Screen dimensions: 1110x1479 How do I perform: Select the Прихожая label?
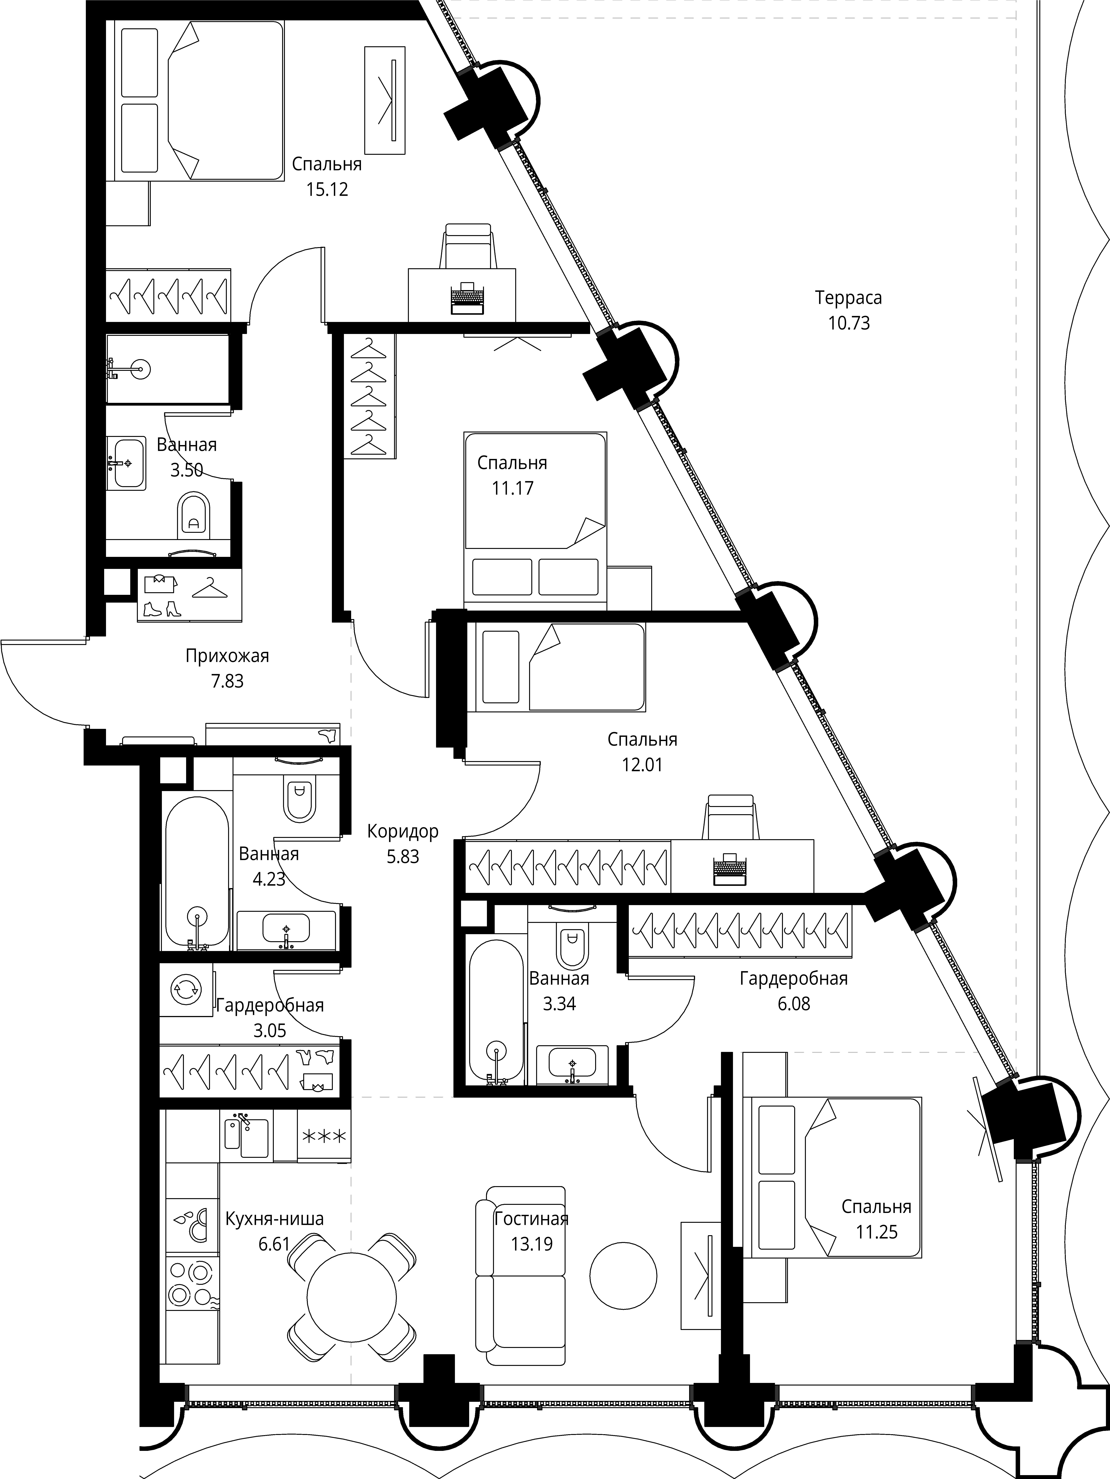click(x=227, y=656)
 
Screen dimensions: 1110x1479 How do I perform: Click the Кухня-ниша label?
click(x=275, y=1219)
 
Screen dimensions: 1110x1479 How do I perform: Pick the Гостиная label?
click(x=531, y=1218)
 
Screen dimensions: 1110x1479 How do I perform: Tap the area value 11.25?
click(x=877, y=1232)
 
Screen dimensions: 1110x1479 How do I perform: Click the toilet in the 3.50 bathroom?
click(x=194, y=515)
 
